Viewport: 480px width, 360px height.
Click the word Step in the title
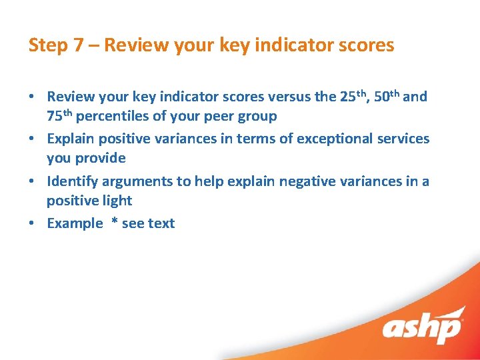coord(47,45)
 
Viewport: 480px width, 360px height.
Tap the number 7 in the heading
coord(79,45)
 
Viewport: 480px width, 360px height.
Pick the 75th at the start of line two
coord(60,116)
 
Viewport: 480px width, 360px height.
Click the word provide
coord(101,159)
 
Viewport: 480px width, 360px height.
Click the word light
coord(117,201)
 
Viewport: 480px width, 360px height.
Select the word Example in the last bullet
coord(74,224)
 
